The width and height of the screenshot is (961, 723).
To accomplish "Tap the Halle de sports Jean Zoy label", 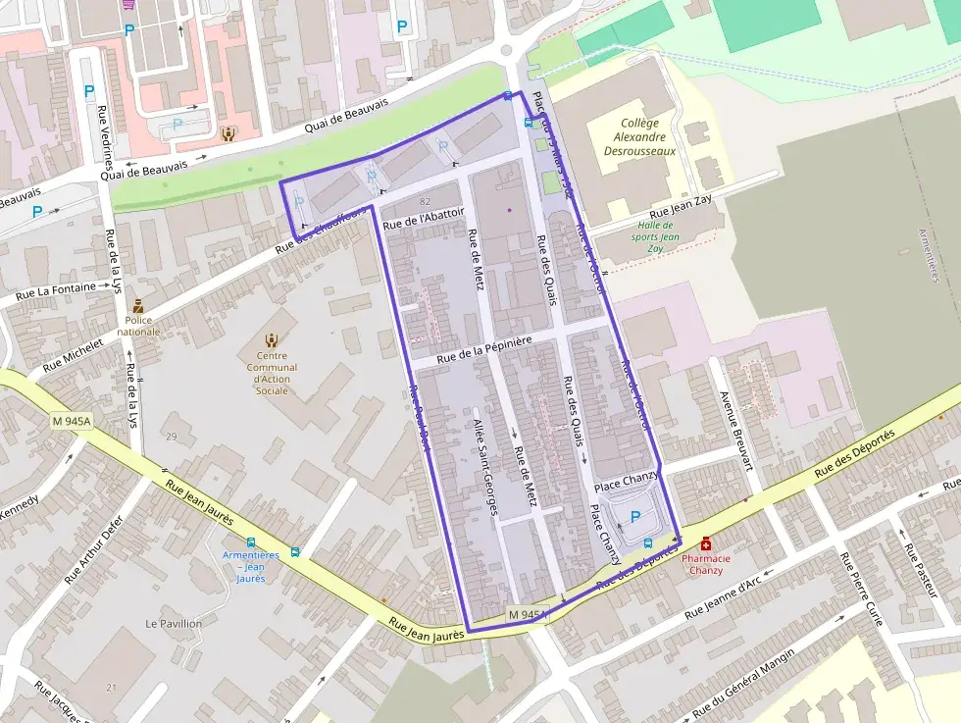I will point(656,236).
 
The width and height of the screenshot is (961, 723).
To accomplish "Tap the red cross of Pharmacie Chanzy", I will point(705,543).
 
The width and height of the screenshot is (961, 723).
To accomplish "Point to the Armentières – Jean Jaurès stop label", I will point(251,566).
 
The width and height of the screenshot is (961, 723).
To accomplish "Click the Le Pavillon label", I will point(174,623).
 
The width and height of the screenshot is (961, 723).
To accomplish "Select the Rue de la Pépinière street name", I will point(484,350).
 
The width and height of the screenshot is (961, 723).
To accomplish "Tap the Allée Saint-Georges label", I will point(486,466).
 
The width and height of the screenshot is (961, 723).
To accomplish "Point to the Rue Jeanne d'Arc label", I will point(723,598).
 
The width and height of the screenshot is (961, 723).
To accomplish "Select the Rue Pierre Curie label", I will point(860,588).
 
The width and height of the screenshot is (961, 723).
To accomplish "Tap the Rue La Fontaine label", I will point(55,290).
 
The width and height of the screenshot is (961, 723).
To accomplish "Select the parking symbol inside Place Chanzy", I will point(634,516).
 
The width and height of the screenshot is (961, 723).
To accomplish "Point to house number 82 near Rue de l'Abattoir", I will point(425,201).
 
